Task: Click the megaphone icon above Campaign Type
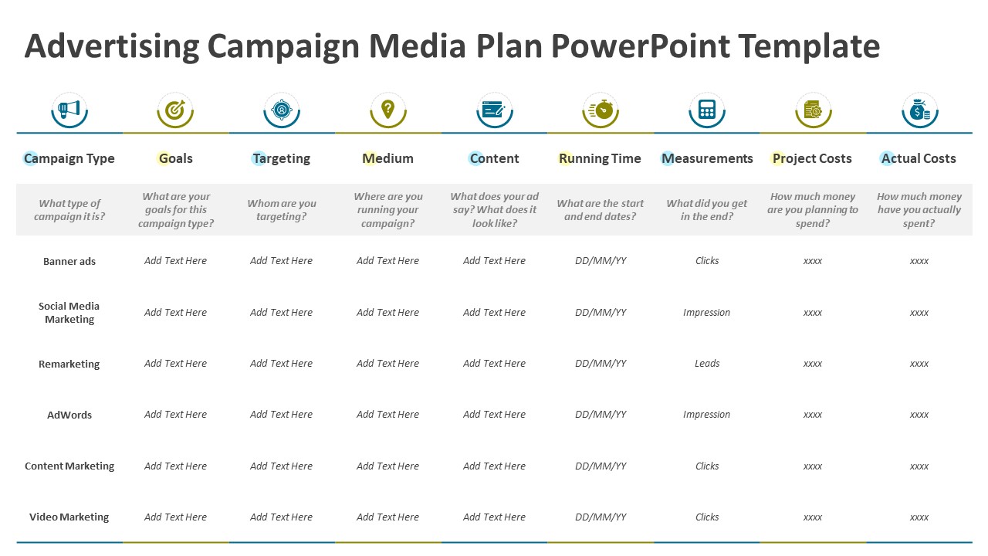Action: pyautogui.click(x=69, y=110)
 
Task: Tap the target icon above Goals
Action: pyautogui.click(x=175, y=110)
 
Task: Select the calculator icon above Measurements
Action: pyautogui.click(x=706, y=110)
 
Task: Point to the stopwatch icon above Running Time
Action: pyautogui.click(x=601, y=110)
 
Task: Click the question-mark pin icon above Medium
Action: pyautogui.click(x=388, y=110)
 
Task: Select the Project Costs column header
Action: pyautogui.click(x=812, y=158)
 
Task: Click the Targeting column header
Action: pyautogui.click(x=282, y=158)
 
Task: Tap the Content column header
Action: pyautogui.click(x=494, y=158)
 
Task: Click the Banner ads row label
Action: pyautogui.click(x=69, y=261)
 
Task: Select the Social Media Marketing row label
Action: pyautogui.click(x=69, y=313)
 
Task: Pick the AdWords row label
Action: pyautogui.click(x=69, y=415)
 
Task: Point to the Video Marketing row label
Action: pyautogui.click(x=69, y=517)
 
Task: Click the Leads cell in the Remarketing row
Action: pyautogui.click(x=707, y=364)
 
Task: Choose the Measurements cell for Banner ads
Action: pyautogui.click(x=707, y=261)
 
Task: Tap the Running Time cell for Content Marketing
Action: pyautogui.click(x=601, y=466)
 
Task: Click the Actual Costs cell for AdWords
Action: pyautogui.click(x=919, y=415)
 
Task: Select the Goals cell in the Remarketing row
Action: pyautogui.click(x=175, y=364)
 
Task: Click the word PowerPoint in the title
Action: pyautogui.click(x=640, y=46)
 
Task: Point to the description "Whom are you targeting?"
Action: pyautogui.click(x=282, y=210)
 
